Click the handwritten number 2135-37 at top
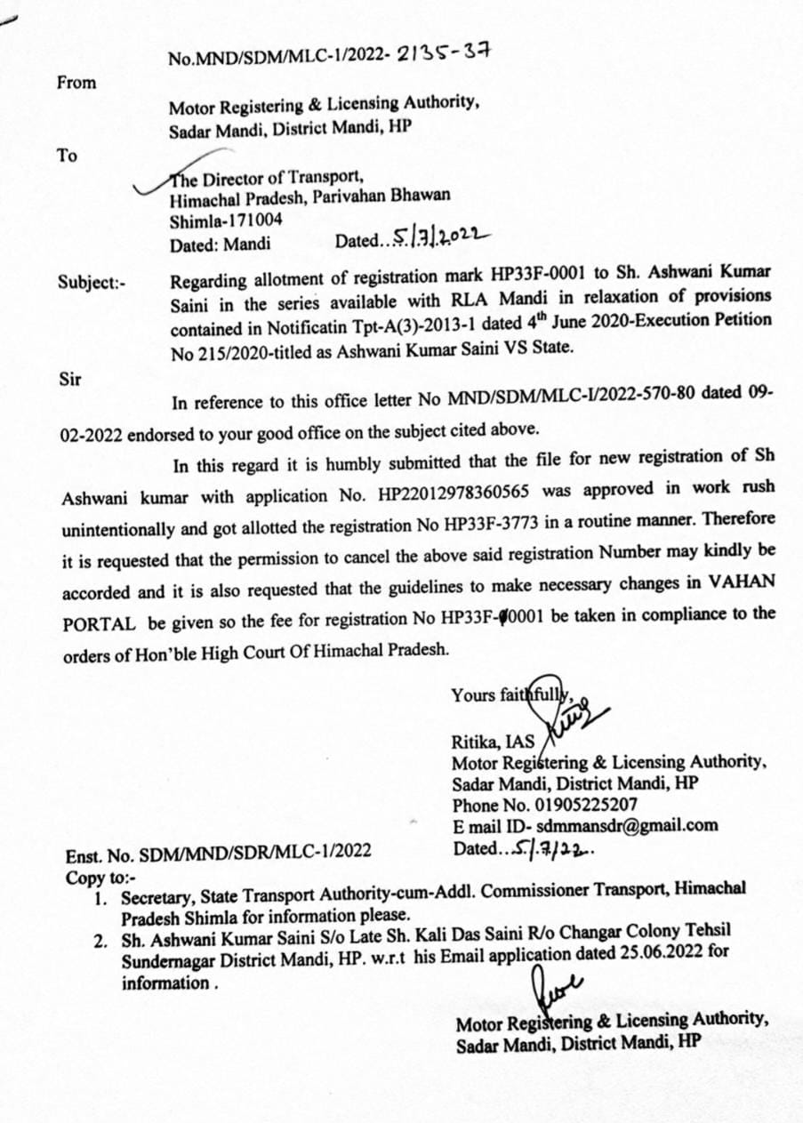click(444, 53)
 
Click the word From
click(76, 83)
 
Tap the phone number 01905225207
click(591, 805)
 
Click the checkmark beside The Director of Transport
click(151, 183)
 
